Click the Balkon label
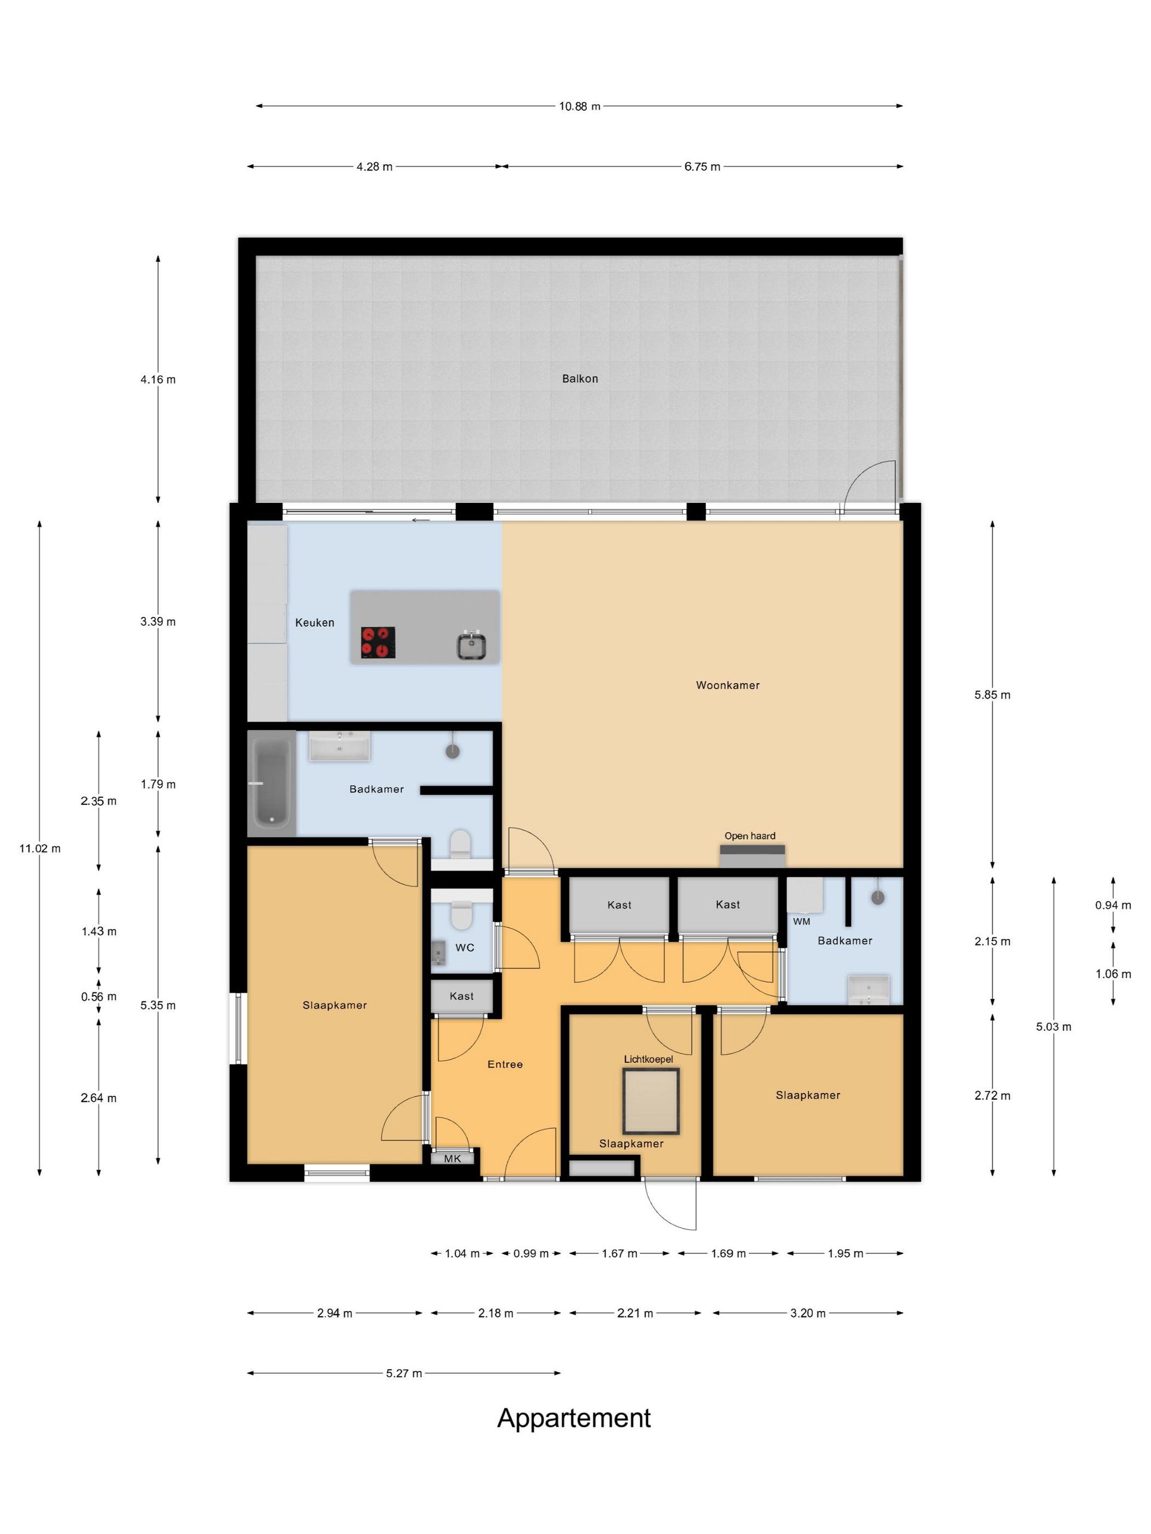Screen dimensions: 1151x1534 click(x=579, y=379)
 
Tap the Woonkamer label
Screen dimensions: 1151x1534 click(x=728, y=685)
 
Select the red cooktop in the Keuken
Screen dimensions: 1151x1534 click(x=378, y=643)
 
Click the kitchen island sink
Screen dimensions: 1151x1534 click(x=471, y=645)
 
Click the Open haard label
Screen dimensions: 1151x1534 click(x=750, y=835)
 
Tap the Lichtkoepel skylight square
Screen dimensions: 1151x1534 click(x=651, y=1101)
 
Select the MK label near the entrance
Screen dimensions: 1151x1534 click(x=452, y=1158)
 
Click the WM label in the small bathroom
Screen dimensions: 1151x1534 click(x=801, y=921)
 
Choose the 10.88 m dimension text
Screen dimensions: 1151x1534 click(x=579, y=106)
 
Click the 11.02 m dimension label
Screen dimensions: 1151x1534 click(x=39, y=848)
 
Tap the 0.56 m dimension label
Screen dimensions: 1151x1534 click(x=99, y=997)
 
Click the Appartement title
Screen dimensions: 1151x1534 click(x=574, y=1418)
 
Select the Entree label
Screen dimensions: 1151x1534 click(x=505, y=1064)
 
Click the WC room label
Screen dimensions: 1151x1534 click(x=465, y=947)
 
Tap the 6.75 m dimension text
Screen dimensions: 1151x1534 click(x=702, y=167)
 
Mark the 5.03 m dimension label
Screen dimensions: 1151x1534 click(x=1053, y=1026)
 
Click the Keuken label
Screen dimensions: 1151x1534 click(x=314, y=623)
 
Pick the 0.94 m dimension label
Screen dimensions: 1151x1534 click(x=1113, y=905)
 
